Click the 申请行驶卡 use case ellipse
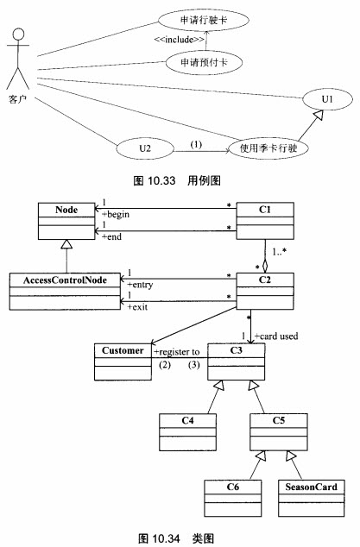pyautogui.click(x=204, y=20)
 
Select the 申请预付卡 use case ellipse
pyautogui.click(x=204, y=63)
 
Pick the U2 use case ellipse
pyautogui.click(x=145, y=148)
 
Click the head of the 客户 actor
pyautogui.click(x=18, y=35)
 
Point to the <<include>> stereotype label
pyautogui.click(x=179, y=40)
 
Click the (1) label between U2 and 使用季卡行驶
pyautogui.click(x=196, y=144)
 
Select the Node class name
pyautogui.click(x=66, y=210)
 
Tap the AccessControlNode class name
pyautogui.click(x=65, y=280)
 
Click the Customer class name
pyautogui.click(x=123, y=350)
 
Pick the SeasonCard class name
pyautogui.click(x=311, y=487)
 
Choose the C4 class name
pyautogui.click(x=187, y=421)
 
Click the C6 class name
pyautogui.click(x=233, y=487)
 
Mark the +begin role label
pyautogui.click(x=116, y=214)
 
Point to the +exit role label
pyautogui.click(x=137, y=307)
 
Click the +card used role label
pyautogui.click(x=276, y=336)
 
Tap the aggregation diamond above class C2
pyautogui.click(x=265, y=267)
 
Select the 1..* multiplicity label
pyautogui.click(x=280, y=252)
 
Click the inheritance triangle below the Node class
pyautogui.click(x=66, y=244)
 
